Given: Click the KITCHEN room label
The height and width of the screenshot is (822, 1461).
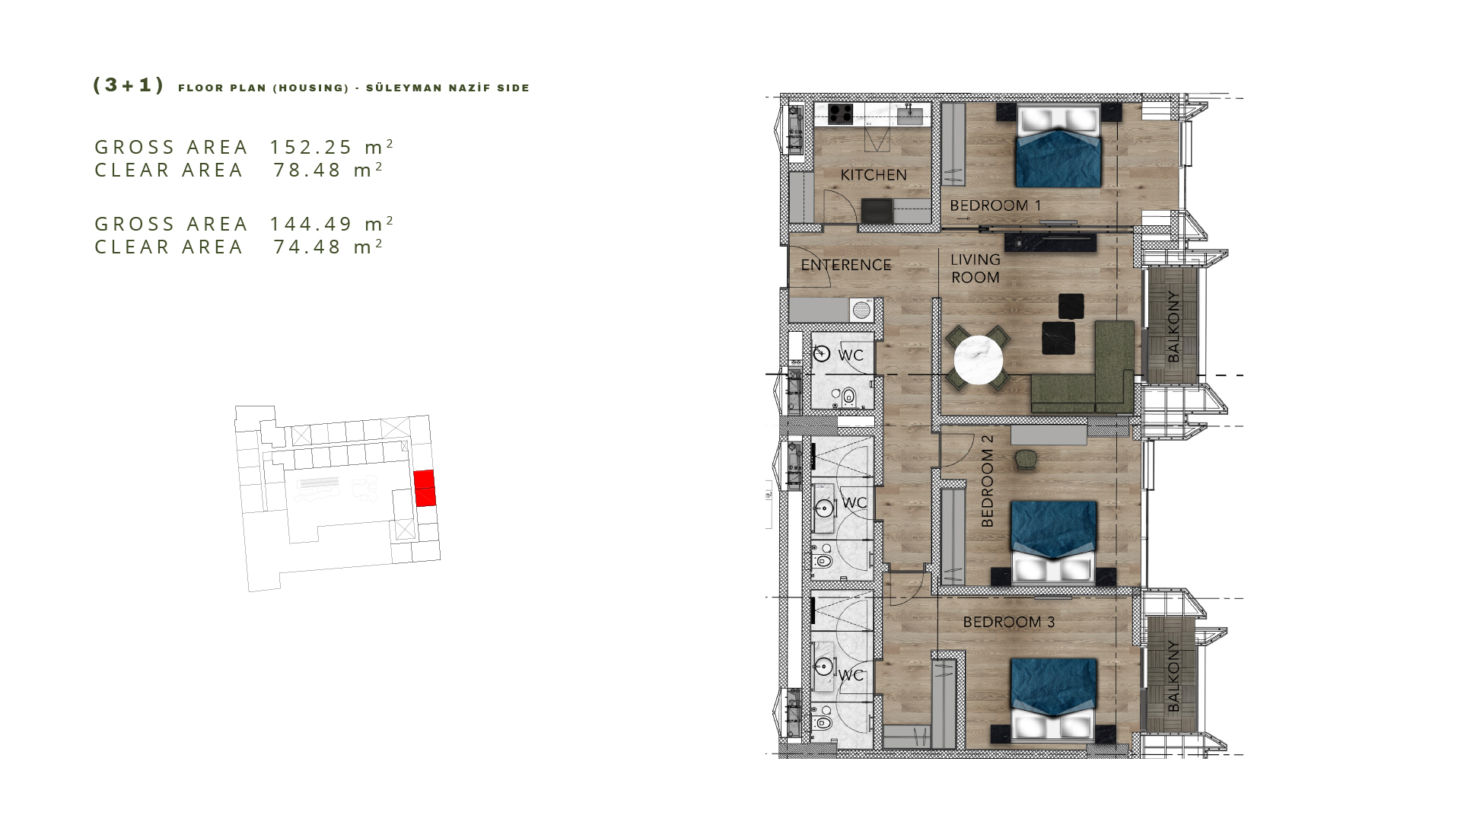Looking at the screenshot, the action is tap(873, 175).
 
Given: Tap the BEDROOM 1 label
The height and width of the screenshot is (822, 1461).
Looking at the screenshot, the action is tap(995, 205).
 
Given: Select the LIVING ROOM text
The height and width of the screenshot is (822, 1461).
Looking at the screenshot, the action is tap(976, 269).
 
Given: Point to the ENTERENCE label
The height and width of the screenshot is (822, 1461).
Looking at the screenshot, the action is tap(845, 265).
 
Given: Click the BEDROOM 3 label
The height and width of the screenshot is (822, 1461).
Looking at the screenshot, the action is tap(1008, 622).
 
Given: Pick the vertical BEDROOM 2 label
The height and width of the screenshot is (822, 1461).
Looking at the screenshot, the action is tap(987, 481).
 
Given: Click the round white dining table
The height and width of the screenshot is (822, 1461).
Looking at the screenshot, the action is tap(979, 360).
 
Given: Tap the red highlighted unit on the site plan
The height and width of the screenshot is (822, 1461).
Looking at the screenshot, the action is tap(425, 488).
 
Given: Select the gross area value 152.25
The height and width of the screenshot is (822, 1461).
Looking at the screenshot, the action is tap(311, 147).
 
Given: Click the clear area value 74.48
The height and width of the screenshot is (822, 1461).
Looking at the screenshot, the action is tap(307, 247).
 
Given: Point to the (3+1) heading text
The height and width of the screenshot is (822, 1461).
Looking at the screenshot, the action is tap(128, 85).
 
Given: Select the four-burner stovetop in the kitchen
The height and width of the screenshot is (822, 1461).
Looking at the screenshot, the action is tap(840, 114).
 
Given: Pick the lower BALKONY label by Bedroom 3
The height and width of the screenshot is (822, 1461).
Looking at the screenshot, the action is tap(1173, 676).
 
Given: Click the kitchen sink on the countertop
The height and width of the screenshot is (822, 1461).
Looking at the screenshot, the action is tap(910, 116).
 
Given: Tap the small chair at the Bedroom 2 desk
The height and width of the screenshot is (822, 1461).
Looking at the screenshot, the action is tap(1025, 458).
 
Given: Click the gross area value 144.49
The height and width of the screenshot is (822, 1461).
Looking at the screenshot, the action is tap(311, 224).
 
